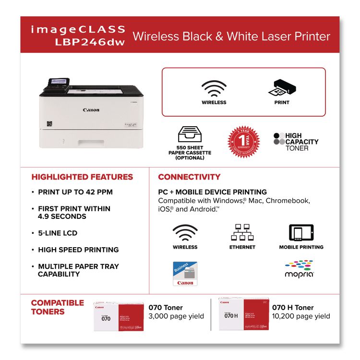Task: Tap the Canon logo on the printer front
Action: pyautogui.click(x=91, y=110)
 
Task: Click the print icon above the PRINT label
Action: pyautogui.click(x=281, y=88)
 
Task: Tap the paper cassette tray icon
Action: pyautogui.click(x=190, y=134)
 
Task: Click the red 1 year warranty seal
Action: pyautogui.click(x=243, y=141)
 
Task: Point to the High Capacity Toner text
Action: pyautogui.click(x=301, y=142)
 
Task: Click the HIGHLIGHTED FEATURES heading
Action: pyautogui.click(x=82, y=177)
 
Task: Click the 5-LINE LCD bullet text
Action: pyautogui.click(x=58, y=233)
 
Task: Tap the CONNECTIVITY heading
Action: pyautogui.click(x=189, y=177)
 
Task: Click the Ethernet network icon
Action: pyautogui.click(x=241, y=232)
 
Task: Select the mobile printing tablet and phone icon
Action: pyautogui.click(x=301, y=232)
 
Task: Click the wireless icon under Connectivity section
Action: pyautogui.click(x=185, y=233)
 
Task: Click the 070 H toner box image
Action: pyautogui.click(x=243, y=313)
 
